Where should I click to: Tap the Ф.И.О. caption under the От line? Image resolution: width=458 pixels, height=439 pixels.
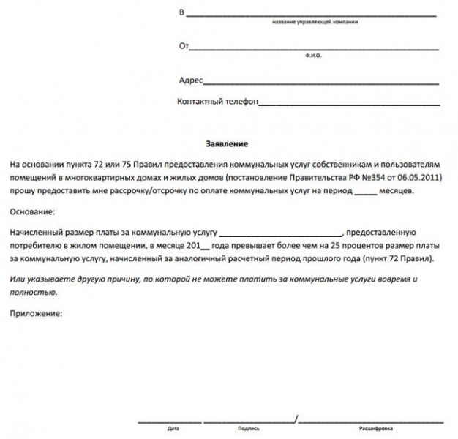pos(313,56)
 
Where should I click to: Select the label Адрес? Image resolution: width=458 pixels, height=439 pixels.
pos(191,80)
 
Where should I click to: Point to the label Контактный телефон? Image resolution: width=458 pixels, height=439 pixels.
pos(218,102)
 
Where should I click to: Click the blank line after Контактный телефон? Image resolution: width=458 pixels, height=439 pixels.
pos(349,104)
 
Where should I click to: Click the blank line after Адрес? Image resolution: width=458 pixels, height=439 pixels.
pos(321,82)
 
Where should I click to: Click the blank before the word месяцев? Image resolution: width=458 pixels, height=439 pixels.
pos(364,192)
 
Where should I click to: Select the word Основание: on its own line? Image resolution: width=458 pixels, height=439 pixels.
pos(33,211)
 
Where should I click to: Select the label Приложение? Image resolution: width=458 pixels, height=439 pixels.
pos(37,313)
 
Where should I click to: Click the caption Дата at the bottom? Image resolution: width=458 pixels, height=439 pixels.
pos(173,429)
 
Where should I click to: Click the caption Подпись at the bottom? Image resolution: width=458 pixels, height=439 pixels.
pos(249,429)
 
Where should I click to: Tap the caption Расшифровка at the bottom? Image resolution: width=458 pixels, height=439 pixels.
pos(375,429)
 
